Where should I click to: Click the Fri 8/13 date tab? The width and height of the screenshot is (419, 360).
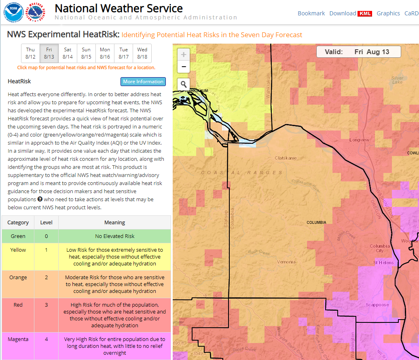[x=49, y=53]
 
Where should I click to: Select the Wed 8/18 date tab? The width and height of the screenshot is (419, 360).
[x=142, y=53]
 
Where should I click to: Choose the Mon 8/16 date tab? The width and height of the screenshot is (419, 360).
[x=105, y=53]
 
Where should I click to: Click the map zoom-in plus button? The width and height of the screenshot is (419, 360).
[x=184, y=55]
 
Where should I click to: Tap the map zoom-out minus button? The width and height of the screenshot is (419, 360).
[x=184, y=67]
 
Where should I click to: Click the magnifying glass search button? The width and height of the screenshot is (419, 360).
[x=184, y=84]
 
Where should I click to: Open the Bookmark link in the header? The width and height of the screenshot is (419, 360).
[x=311, y=13]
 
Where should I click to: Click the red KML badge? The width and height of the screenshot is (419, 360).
[x=364, y=14]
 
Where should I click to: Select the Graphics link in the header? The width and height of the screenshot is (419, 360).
[x=388, y=13]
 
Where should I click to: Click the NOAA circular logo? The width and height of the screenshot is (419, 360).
[x=12, y=12]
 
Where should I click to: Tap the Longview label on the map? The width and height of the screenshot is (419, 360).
[x=359, y=140]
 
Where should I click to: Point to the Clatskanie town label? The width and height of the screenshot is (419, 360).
[x=286, y=158]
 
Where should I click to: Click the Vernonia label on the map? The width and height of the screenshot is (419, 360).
[x=286, y=262]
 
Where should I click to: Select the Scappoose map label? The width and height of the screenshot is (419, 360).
[x=377, y=305]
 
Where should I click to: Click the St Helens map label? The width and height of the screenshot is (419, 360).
[x=383, y=263]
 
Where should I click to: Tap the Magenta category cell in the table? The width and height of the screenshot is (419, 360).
[x=18, y=339]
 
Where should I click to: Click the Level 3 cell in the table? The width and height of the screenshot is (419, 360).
[x=46, y=305]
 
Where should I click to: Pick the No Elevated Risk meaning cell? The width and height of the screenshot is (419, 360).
[x=114, y=236]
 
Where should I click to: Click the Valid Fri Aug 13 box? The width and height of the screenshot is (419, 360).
[x=358, y=52]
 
